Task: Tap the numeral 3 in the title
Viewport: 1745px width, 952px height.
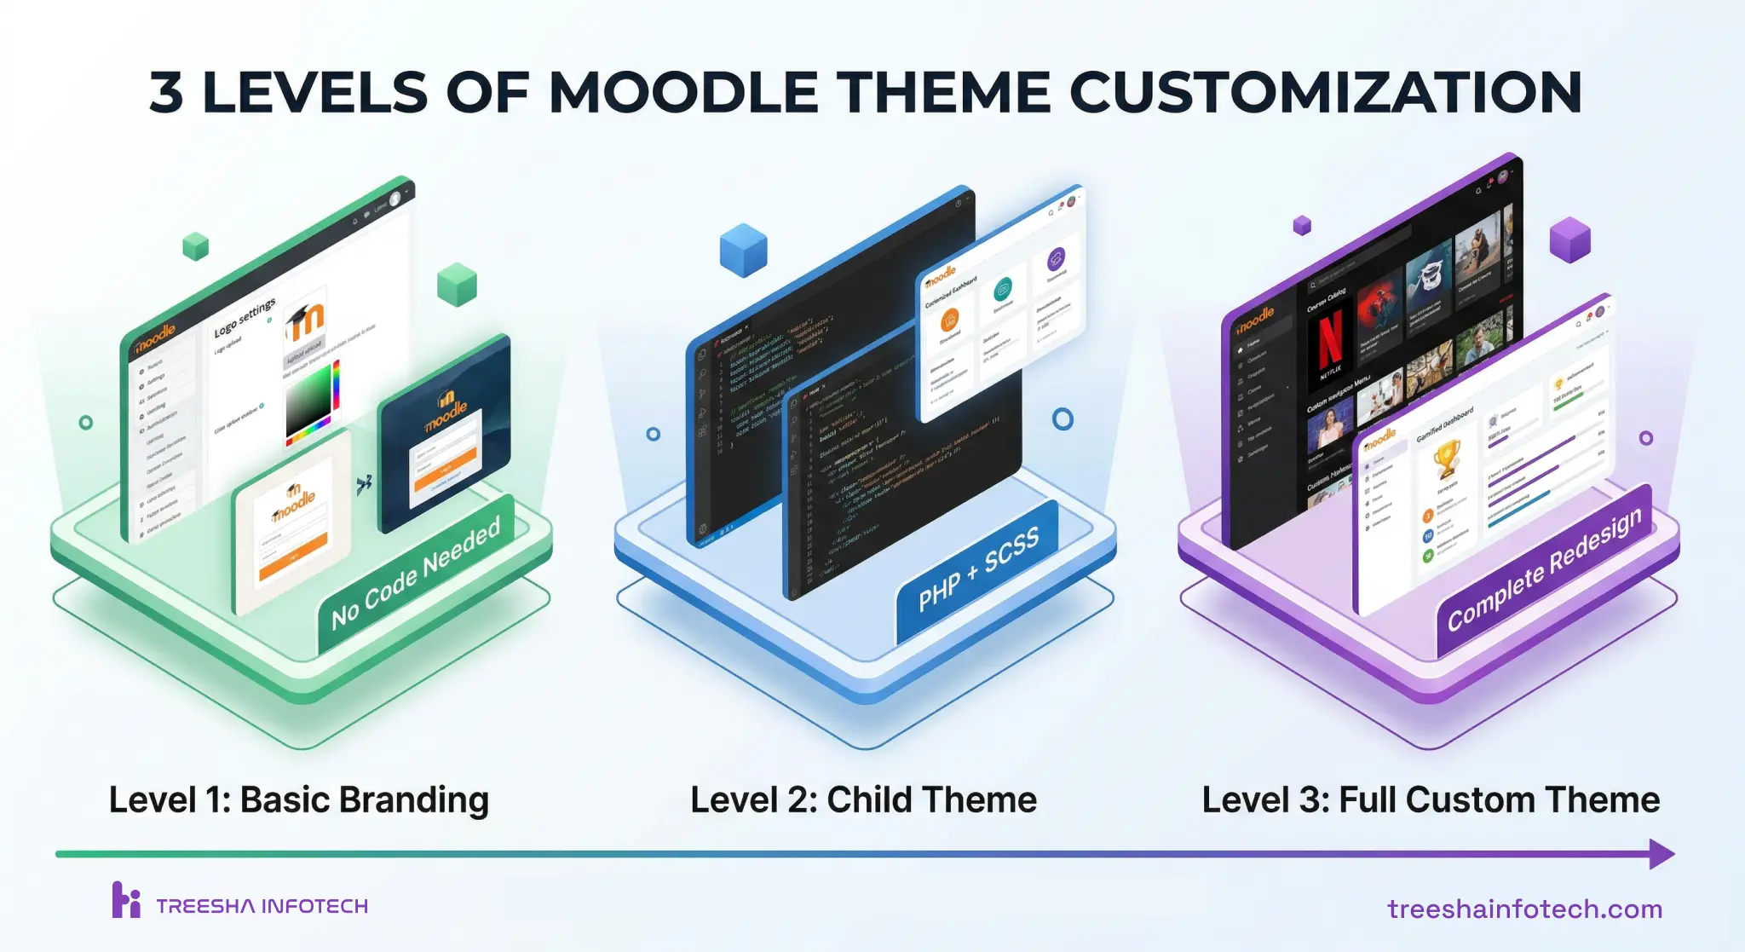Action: pos(167,92)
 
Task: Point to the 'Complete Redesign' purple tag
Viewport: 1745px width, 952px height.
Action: pos(1544,568)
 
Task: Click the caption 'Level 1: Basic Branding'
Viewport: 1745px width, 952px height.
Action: pos(298,799)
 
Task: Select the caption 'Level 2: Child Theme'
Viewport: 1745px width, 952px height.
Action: pos(863,799)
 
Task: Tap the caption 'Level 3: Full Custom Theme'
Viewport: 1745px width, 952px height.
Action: pos(1431,799)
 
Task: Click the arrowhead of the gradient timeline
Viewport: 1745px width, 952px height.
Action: pos(1661,853)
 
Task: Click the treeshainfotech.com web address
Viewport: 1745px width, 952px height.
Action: pos(1524,909)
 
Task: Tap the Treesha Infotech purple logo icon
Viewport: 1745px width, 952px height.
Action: pos(126,900)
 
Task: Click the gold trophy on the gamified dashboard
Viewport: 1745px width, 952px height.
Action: pos(1446,458)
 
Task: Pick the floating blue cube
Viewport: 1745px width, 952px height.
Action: pos(743,249)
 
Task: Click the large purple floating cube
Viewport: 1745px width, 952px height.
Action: pos(1569,239)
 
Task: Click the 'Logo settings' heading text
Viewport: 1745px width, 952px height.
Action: pos(245,317)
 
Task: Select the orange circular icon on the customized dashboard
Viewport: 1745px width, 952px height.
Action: pos(949,320)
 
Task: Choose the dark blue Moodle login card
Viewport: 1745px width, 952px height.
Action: pos(445,435)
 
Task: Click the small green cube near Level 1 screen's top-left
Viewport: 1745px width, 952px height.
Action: pos(196,246)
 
